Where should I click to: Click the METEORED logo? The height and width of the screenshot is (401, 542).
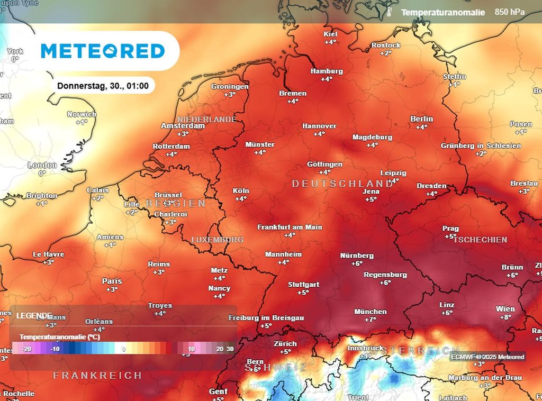(x=103, y=51)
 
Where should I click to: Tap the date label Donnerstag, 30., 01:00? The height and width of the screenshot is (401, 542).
(x=103, y=85)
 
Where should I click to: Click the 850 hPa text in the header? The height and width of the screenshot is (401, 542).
(x=510, y=12)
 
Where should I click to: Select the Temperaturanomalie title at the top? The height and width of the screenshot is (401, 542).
(x=442, y=12)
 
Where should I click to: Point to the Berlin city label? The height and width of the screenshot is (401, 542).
(x=421, y=119)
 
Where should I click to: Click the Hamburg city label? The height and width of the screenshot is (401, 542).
(x=327, y=71)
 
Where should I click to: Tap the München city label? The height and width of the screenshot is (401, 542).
(x=371, y=312)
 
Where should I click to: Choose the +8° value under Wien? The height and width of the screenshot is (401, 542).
(x=505, y=317)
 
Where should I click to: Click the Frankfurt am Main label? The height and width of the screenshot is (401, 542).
(x=290, y=227)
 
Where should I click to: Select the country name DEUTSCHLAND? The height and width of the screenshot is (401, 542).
(x=342, y=184)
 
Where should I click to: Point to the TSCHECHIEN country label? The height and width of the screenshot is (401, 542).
(x=480, y=240)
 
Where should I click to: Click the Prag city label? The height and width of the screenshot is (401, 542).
(x=450, y=229)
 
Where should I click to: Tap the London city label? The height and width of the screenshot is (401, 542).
(x=42, y=165)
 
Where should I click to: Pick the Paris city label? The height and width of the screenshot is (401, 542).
(x=112, y=281)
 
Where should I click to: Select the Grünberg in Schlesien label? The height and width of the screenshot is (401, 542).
(x=481, y=145)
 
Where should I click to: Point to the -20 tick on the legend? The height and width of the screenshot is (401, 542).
(x=27, y=349)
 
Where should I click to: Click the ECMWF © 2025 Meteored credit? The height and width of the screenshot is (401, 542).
(x=487, y=357)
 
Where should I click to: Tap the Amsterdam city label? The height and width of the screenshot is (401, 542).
(x=183, y=126)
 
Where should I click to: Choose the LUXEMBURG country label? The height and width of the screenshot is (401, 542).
(x=217, y=240)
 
